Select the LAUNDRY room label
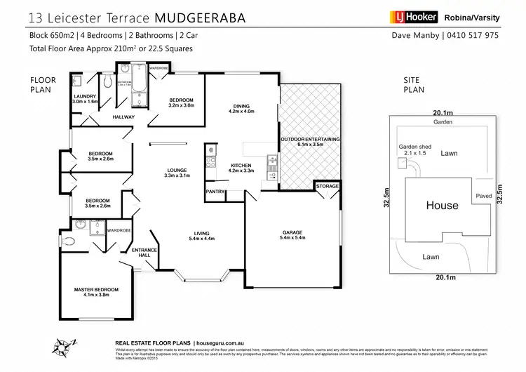[x=84, y=98]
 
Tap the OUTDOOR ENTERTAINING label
[x=310, y=140]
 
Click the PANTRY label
[x=215, y=191]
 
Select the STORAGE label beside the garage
[x=327, y=186]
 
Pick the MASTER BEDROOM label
[x=97, y=289]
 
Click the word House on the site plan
[x=443, y=206]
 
